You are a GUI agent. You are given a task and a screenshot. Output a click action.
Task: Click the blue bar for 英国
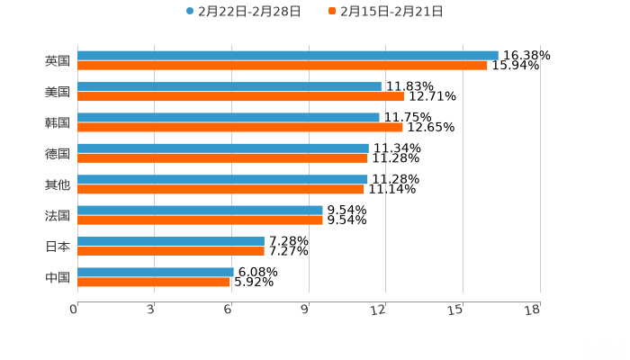(x=288, y=56)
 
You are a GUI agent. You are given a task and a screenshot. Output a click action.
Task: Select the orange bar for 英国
(x=283, y=66)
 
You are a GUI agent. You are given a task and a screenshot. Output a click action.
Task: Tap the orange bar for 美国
(x=240, y=96)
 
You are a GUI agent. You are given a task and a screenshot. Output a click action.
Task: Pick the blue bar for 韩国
(x=229, y=117)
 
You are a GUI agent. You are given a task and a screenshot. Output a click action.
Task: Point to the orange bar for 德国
(x=222, y=158)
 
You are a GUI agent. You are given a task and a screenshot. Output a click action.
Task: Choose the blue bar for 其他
(x=222, y=179)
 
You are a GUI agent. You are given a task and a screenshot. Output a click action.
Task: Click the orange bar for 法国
(x=200, y=220)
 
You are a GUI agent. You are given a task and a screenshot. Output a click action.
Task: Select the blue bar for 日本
(x=171, y=241)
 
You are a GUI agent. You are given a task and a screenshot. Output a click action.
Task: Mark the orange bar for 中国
(x=154, y=283)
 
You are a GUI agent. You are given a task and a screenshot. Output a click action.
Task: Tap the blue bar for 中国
(x=156, y=273)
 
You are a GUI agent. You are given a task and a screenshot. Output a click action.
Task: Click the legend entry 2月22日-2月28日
(x=243, y=12)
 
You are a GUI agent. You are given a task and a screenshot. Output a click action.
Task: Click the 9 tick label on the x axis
(x=305, y=310)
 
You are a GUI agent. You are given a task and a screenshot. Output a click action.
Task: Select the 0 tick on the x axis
(x=74, y=310)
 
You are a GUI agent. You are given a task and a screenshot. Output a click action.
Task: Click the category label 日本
(x=58, y=247)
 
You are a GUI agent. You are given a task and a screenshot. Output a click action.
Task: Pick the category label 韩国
(x=58, y=122)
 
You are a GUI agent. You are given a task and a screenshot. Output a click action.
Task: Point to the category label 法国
(x=58, y=215)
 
